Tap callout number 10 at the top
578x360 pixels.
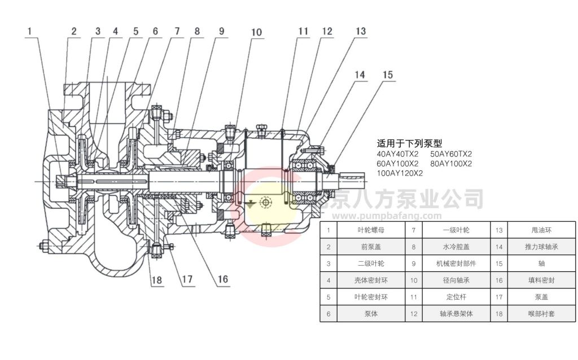(257, 33)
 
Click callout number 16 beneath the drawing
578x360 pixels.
(223, 279)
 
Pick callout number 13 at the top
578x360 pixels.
(361, 32)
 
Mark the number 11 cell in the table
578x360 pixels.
(414, 296)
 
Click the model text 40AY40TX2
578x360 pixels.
(397, 153)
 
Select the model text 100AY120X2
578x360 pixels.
(400, 173)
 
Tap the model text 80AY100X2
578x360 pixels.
(450, 164)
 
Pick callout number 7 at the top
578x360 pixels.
(177, 32)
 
